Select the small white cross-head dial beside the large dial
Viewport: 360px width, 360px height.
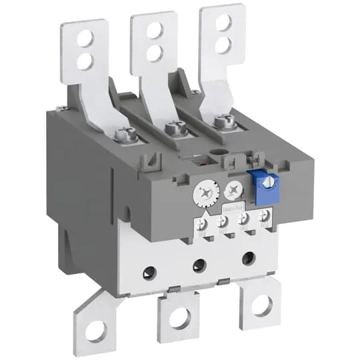point(233,190)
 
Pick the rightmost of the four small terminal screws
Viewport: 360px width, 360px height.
point(265,215)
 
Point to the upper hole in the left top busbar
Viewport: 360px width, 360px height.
point(85,39)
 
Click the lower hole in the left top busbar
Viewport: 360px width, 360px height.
point(85,61)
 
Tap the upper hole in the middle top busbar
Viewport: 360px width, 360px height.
point(155,29)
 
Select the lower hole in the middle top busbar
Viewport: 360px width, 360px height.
point(155,51)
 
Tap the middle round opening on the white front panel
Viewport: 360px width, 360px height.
point(198,265)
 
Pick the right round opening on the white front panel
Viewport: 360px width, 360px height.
point(250,257)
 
